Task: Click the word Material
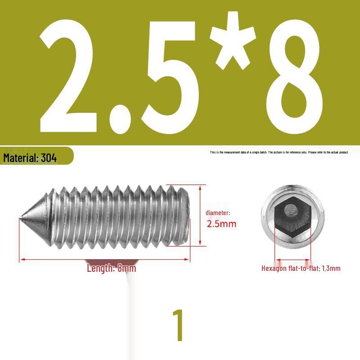coord(21,158)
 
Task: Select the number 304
coord(49,158)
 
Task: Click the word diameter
coord(218,213)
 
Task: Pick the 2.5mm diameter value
coord(221,224)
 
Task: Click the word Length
coord(100,269)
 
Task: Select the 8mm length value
coord(126,269)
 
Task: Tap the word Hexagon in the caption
coord(274,269)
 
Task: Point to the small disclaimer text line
coord(279,153)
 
